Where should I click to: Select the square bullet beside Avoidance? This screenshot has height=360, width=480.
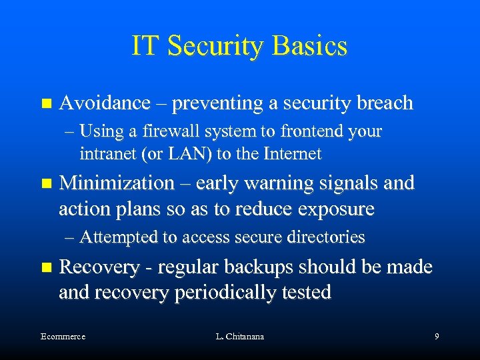pos(45,104)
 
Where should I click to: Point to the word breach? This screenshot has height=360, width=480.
pos(385,103)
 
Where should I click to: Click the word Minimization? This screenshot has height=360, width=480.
pos(117,183)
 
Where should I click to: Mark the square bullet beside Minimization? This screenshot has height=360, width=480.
pos(45,183)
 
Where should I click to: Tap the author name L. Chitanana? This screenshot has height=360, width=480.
pos(240,337)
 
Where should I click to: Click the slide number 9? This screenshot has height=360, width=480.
pos(436,337)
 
